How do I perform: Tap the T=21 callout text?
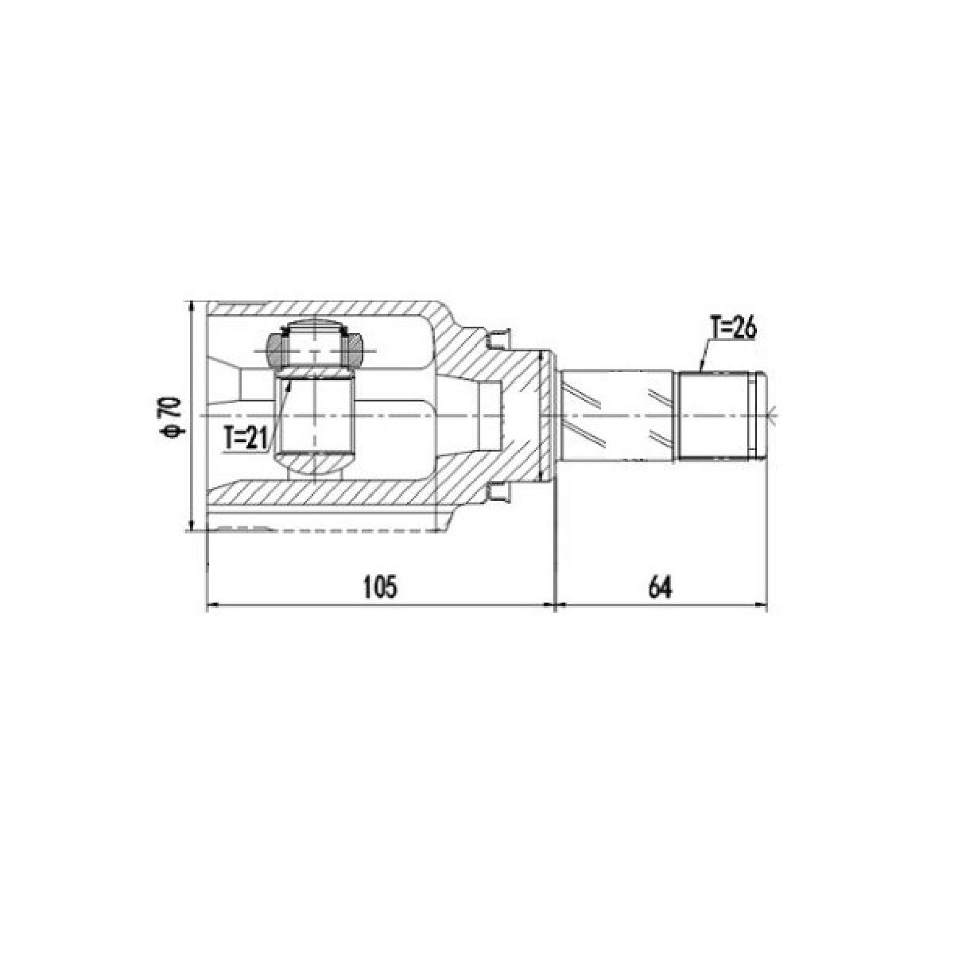tap(245, 439)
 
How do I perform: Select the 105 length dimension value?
tap(380, 588)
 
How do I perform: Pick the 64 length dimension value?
tap(661, 588)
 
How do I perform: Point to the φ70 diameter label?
tap(172, 417)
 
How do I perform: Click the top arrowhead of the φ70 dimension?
tap(191, 306)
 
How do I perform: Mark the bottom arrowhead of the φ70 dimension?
tap(191, 525)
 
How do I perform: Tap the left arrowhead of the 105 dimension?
tap(212, 604)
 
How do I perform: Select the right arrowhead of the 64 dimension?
tap(761, 604)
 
